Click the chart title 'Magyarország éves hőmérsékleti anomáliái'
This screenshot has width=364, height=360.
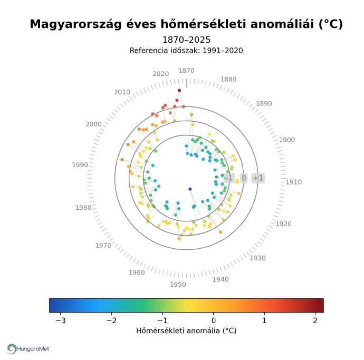click(x=186, y=24)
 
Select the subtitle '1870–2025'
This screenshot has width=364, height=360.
click(x=186, y=40)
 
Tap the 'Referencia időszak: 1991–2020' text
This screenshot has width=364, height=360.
click(x=186, y=51)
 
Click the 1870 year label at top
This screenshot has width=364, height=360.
click(x=186, y=71)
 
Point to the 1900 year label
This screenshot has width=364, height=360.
click(x=286, y=140)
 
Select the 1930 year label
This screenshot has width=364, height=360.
click(x=257, y=258)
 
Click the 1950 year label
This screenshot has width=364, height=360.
click(x=178, y=285)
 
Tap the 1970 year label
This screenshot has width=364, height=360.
click(x=103, y=246)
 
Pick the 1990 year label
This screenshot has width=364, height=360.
click(x=80, y=165)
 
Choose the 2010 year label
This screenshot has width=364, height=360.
click(x=122, y=92)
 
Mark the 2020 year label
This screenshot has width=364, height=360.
click(x=161, y=74)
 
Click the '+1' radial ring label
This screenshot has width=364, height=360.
click(x=258, y=178)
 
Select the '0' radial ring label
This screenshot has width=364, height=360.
click(x=244, y=178)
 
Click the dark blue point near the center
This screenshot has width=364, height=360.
click(x=190, y=189)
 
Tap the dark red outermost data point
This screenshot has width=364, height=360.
click(x=179, y=91)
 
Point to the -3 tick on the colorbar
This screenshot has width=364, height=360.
click(x=61, y=320)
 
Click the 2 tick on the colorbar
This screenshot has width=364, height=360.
click(x=315, y=320)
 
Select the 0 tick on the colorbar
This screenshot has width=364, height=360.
click(x=214, y=320)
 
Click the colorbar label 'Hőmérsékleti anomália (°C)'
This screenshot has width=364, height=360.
click(x=186, y=331)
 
